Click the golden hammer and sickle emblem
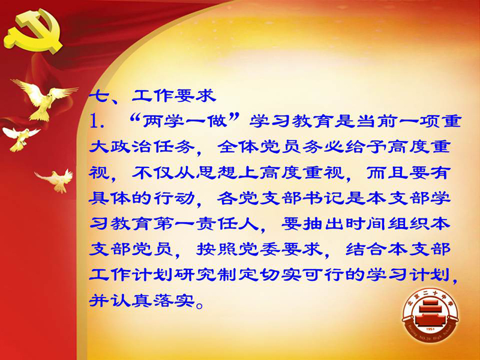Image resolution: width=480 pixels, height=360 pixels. [x=33, y=31]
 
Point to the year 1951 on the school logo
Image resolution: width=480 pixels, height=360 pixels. [x=430, y=329]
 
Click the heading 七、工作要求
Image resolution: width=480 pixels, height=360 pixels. [x=152, y=96]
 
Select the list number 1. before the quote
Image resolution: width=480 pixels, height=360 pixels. [x=97, y=122]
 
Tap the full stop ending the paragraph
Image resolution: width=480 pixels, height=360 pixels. [x=200, y=305]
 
